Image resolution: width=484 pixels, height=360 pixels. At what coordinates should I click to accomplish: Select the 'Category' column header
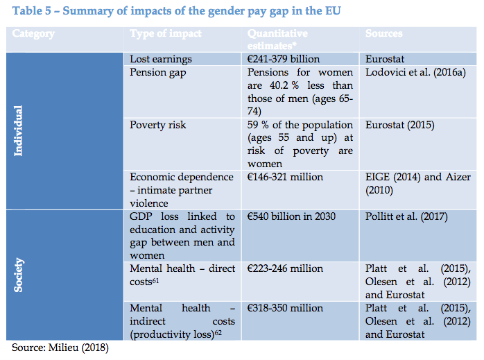point(34,34)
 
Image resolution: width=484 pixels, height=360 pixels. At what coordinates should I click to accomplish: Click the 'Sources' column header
point(384,34)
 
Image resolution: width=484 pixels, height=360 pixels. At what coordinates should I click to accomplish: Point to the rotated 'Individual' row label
point(19,130)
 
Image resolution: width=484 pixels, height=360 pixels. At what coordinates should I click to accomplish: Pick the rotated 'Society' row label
point(19,275)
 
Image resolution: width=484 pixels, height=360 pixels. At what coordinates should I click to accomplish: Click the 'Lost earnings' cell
point(161,60)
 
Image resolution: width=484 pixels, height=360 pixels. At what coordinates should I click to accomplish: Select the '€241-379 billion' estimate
point(293,60)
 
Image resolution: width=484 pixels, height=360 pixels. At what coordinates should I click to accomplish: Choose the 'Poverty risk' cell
point(160,125)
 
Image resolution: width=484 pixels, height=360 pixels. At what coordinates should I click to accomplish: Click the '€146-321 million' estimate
point(286,178)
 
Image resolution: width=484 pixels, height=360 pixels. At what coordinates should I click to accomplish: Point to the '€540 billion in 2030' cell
point(292,217)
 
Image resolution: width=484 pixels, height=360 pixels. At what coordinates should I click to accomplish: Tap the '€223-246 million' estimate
point(286,268)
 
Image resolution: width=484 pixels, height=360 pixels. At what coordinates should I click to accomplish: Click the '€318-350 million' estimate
point(286,308)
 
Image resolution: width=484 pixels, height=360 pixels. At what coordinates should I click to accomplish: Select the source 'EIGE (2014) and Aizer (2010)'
point(413,184)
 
